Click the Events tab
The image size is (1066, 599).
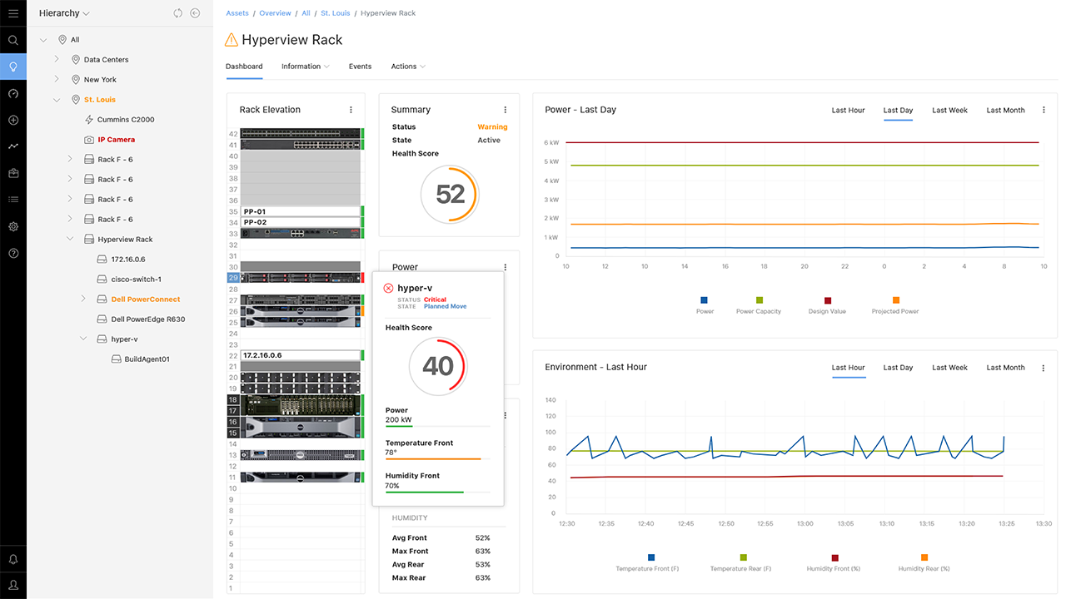point(360,67)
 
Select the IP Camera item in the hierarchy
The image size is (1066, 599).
point(116,140)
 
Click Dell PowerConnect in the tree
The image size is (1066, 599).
point(145,299)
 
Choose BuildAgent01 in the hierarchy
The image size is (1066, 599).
point(147,359)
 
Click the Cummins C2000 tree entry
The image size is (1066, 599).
point(125,120)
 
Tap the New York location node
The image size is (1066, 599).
point(100,80)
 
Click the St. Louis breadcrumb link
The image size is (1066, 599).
point(335,13)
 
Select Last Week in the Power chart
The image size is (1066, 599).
point(949,111)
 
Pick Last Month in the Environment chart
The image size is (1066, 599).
point(1005,368)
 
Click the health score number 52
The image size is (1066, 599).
point(450,195)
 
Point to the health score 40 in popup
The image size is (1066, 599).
point(438,366)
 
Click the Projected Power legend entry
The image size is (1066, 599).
point(895,311)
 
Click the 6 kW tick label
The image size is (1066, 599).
point(550,142)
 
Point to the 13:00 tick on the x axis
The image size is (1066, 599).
point(805,523)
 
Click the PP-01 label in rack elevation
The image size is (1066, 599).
point(255,212)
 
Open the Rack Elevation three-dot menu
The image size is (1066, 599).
point(351,110)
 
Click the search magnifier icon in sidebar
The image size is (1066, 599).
point(13,40)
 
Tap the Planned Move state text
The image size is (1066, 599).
point(445,306)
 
